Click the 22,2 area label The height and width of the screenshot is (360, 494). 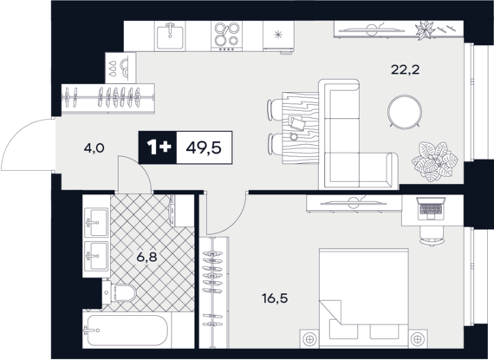pyautogui.click(x=405, y=69)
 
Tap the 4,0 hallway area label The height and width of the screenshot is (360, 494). pyautogui.click(x=94, y=147)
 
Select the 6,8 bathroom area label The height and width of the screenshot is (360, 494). pyautogui.click(x=146, y=258)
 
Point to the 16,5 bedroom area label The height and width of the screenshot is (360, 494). pyautogui.click(x=275, y=298)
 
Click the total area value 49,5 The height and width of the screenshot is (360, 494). pyautogui.click(x=204, y=147)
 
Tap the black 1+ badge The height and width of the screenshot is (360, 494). pyautogui.click(x=158, y=147)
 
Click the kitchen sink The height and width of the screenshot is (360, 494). pyautogui.click(x=170, y=36)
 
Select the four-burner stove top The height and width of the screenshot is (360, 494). pyautogui.click(x=226, y=36)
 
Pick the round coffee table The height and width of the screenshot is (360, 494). pyautogui.click(x=405, y=112)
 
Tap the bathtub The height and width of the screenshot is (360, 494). pyautogui.click(x=127, y=330)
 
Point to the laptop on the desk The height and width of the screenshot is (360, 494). pyautogui.click(x=431, y=209)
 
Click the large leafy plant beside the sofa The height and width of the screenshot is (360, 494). pyautogui.click(x=435, y=161)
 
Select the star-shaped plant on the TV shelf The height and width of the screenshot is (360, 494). pyautogui.click(x=425, y=30)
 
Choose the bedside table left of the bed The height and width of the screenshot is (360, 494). pyautogui.click(x=309, y=339)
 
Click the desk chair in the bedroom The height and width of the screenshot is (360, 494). pyautogui.click(x=432, y=235)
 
